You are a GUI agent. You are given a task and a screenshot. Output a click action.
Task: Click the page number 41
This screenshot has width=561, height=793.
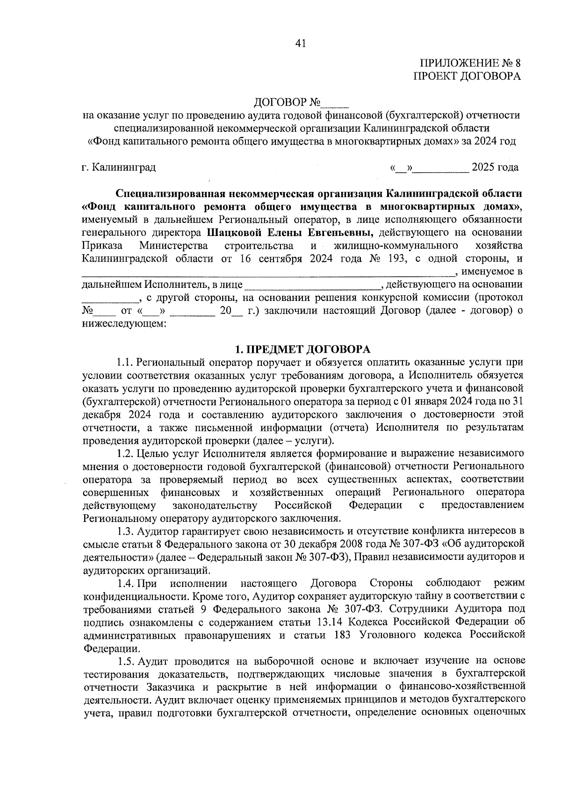point(300,43)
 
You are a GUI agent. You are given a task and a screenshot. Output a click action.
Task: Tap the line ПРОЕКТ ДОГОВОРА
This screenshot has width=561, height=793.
point(467,77)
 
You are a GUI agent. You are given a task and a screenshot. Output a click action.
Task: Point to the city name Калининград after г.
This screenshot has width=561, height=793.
point(124,167)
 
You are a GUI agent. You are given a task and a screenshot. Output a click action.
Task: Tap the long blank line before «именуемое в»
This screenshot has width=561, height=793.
point(269,272)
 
